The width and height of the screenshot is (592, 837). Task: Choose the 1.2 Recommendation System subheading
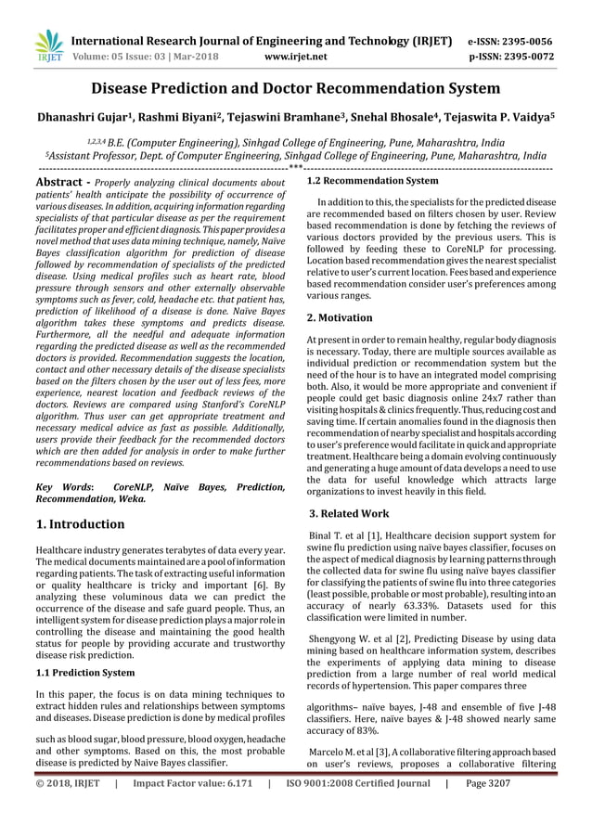(372, 181)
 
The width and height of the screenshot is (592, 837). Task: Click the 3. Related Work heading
(349, 513)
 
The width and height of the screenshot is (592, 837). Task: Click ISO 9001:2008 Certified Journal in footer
(356, 809)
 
